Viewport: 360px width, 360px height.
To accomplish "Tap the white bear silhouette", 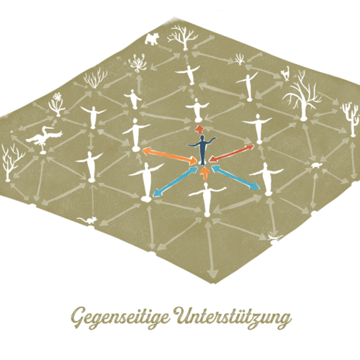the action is pos(152,38).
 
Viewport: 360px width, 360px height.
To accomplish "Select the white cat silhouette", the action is pos(286,73).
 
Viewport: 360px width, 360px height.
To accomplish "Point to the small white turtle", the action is pos(317,165).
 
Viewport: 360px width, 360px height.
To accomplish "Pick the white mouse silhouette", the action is pos(87,220).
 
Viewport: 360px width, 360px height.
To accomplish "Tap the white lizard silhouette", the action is pos(276,238).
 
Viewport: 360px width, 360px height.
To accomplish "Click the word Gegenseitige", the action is pos(120,318).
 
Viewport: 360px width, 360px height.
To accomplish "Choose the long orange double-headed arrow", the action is pos(170,156).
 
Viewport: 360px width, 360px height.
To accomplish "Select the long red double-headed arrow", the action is pos(232,153).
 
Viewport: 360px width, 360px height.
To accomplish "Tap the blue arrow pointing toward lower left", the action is pos(175,181).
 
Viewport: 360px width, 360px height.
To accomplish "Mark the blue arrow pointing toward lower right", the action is pos(235,177).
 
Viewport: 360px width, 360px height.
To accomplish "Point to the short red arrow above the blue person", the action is pos(199,130).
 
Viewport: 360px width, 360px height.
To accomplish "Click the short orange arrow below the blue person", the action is pos(204,174).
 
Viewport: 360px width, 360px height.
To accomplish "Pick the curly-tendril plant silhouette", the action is pos(138,63).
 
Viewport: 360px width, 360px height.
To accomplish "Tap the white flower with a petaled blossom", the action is pos(57,104).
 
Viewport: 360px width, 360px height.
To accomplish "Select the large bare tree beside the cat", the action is pos(302,96).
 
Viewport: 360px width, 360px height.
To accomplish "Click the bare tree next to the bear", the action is pos(184,37).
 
